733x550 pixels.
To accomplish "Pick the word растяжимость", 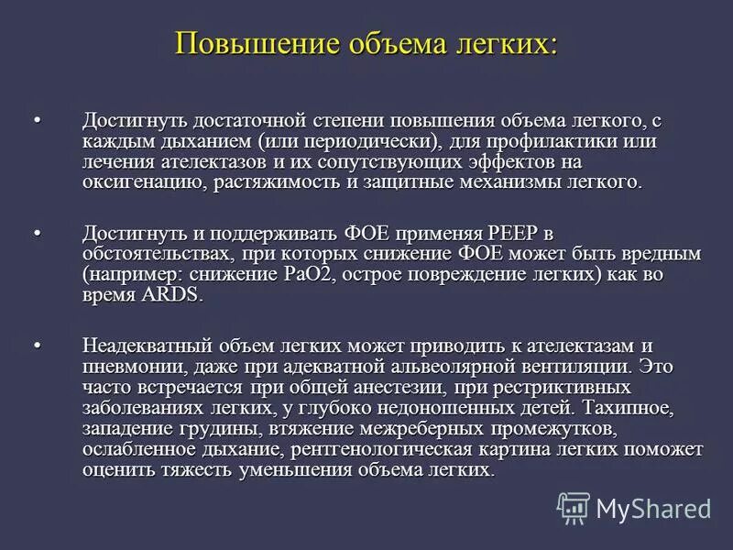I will [x=270, y=183].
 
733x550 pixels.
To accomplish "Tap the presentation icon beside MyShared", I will [x=574, y=507].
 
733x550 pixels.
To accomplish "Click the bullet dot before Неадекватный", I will [x=38, y=346].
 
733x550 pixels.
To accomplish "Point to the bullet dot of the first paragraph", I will [x=38, y=120].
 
